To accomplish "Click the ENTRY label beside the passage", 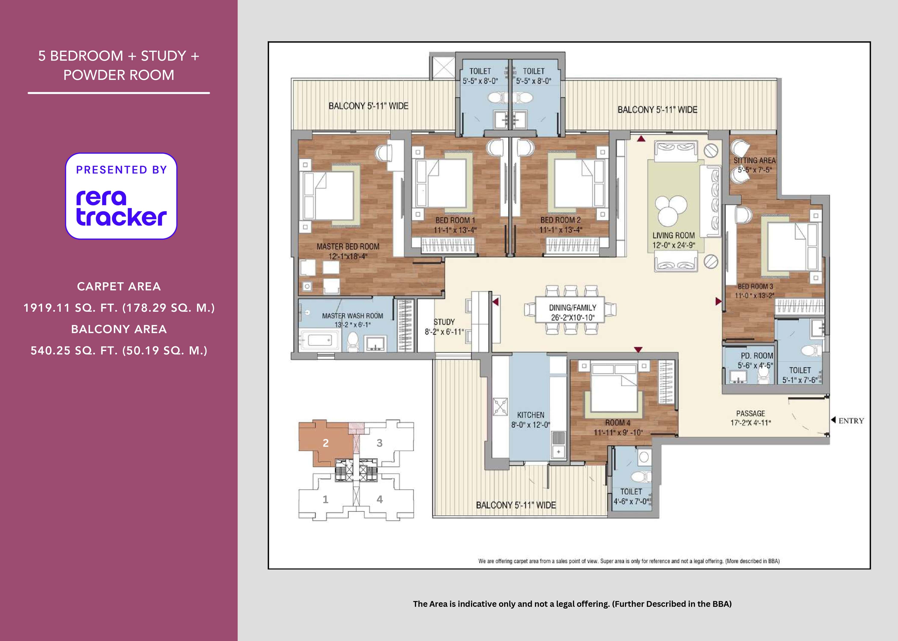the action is coord(851,421).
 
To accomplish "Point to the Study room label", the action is coord(444,322).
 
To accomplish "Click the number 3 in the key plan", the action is coord(380,443).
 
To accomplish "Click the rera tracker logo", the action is coord(121,196).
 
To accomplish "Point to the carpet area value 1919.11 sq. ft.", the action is coord(119,308).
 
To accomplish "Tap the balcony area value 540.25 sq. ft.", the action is coord(119,350).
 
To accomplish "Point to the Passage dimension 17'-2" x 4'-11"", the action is coord(750,423).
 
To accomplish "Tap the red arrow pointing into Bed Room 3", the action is coord(719,301).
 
